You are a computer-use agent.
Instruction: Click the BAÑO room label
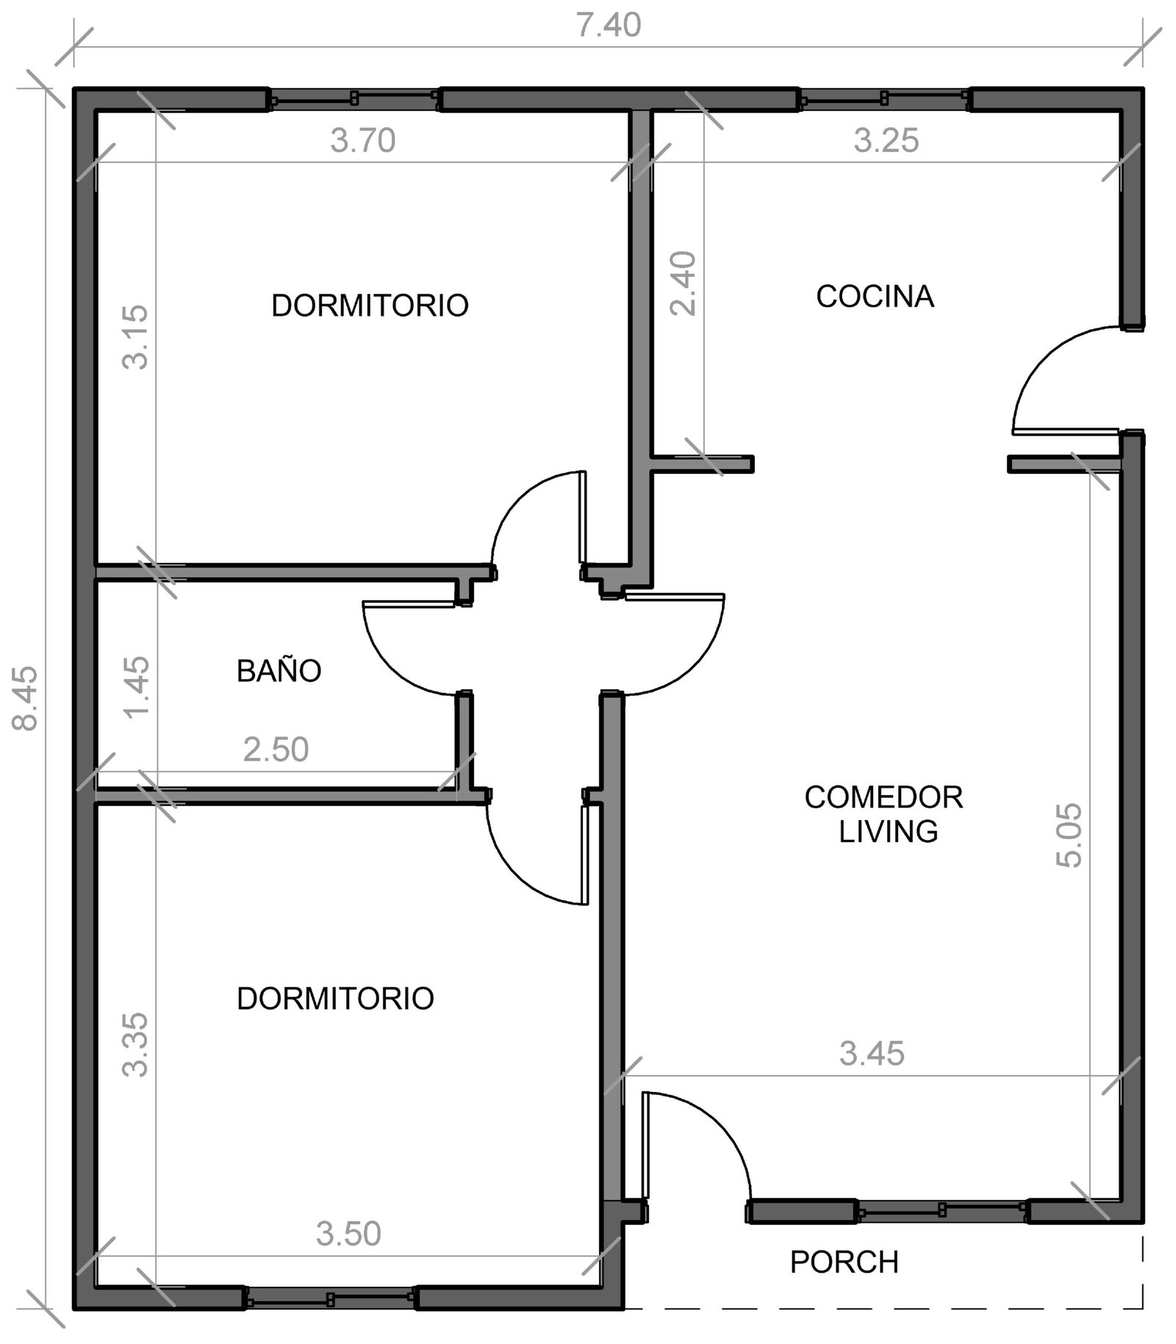point(279,670)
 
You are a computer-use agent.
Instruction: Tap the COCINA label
point(875,296)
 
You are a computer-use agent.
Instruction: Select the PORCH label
point(845,1262)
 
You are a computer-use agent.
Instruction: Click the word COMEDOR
point(883,797)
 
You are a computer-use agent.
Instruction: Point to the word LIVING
point(889,831)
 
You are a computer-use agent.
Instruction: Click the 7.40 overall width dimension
point(608,26)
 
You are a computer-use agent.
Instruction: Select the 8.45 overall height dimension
point(26,698)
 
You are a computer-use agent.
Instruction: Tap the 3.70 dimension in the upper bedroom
point(363,140)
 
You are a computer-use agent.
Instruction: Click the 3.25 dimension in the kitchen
point(886,140)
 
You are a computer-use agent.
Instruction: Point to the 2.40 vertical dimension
point(684,284)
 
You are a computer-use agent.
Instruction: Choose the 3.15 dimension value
point(135,337)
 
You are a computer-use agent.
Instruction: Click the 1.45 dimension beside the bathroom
point(137,687)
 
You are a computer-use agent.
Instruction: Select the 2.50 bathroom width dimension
point(276,750)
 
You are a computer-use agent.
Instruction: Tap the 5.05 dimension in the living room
point(1069,835)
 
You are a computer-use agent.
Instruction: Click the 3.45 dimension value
point(872,1054)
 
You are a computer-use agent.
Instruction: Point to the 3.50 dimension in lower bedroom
point(348,1234)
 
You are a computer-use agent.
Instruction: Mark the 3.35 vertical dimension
point(135,1045)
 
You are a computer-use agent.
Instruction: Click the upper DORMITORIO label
point(370,306)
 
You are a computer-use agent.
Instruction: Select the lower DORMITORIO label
point(336,999)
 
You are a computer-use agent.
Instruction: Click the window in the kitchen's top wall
point(884,98)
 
